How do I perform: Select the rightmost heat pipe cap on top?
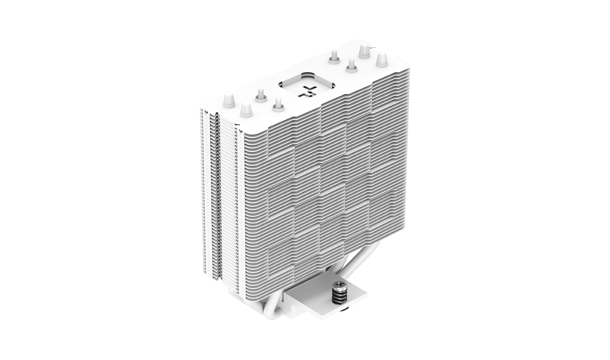(x=382, y=59)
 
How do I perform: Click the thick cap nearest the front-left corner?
(x=245, y=110)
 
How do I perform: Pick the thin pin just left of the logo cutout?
(x=277, y=103)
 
